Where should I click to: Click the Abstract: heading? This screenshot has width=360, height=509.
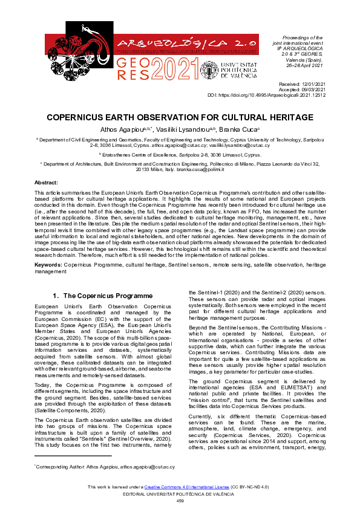tap(46, 182)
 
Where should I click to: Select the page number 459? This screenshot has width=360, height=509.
tap(180, 501)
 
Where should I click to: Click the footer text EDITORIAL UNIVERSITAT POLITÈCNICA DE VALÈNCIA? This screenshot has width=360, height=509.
tap(180, 494)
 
